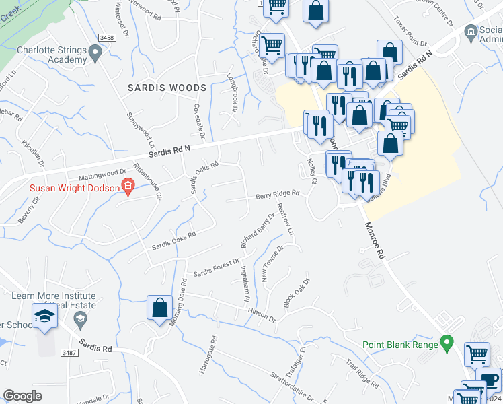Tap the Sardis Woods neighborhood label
coord(167,88)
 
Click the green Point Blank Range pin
coord(445,345)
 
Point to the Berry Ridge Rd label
coord(276,195)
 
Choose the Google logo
coord(22,396)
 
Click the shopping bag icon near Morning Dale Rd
coord(159,308)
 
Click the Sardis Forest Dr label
coord(217,267)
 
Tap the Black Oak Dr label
coord(296,294)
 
